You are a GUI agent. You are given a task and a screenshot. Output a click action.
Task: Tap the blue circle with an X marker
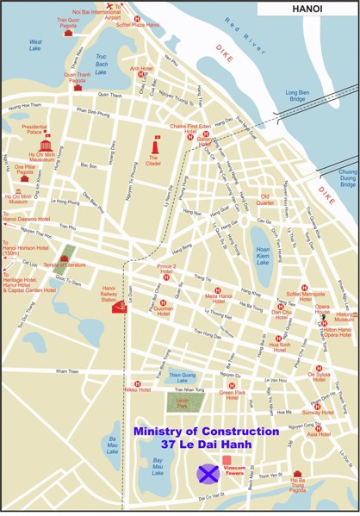point(208,473)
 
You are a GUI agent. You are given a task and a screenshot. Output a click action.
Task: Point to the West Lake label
point(36,45)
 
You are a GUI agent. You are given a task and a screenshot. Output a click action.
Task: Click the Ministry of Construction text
point(206,431)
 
